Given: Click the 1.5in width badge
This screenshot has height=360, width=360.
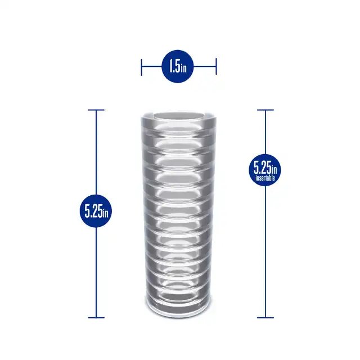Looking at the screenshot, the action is pos(178,66).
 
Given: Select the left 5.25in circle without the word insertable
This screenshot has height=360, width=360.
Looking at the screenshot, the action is pos(96,211).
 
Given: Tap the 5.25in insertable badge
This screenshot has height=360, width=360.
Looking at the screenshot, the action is pos(265,170).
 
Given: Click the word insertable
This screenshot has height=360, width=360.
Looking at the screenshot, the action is pos(265,178).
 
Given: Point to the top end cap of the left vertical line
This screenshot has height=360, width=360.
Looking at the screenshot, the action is pos(96,110).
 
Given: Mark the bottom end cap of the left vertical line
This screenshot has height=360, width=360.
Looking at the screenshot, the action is pos(96,318).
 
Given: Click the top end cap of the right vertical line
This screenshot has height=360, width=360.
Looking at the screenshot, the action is pos(265,110).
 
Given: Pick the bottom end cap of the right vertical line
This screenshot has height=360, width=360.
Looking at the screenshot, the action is pos(265,318).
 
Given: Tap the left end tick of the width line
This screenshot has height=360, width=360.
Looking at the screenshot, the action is pos(141,67).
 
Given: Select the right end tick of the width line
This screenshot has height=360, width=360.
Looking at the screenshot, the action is pos(216,66).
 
